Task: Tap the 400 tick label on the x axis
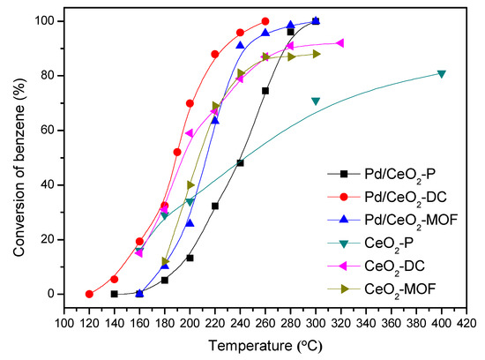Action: pyautogui.click(x=442, y=322)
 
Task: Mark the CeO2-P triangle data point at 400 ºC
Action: pyautogui.click(x=442, y=74)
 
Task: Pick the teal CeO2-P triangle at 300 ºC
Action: pyautogui.click(x=316, y=101)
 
